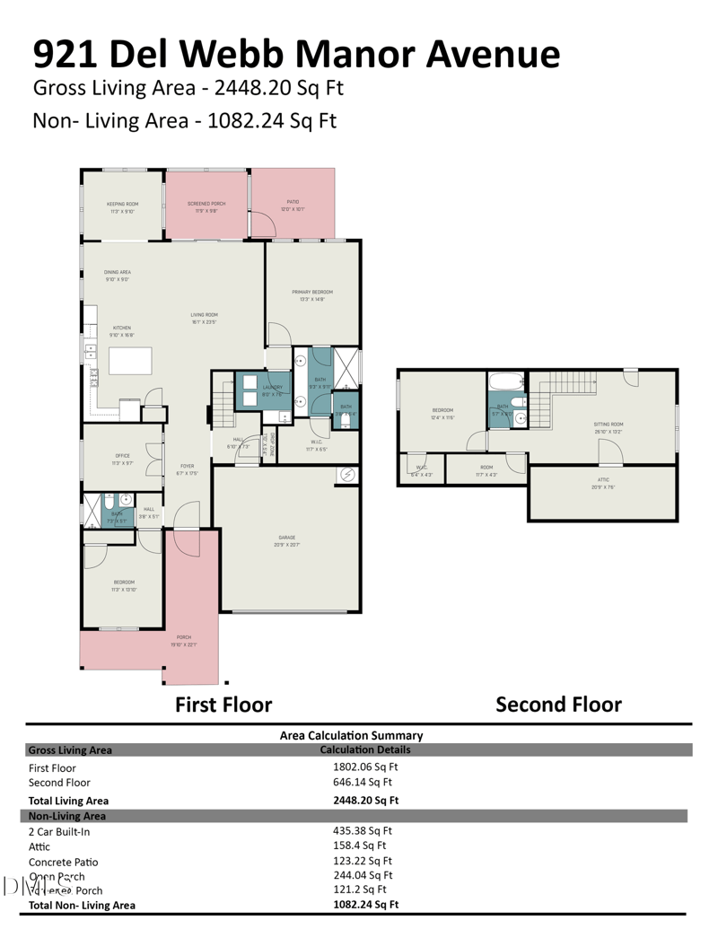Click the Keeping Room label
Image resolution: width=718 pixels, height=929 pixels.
(x=121, y=204)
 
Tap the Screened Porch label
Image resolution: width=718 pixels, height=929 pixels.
(x=206, y=204)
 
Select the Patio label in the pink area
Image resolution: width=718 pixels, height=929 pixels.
(x=293, y=203)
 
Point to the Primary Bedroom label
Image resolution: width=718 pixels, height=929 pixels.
(x=312, y=293)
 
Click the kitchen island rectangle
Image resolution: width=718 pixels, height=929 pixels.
(x=131, y=361)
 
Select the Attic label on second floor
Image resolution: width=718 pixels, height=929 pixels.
(x=603, y=480)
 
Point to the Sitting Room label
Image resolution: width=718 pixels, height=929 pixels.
(x=609, y=424)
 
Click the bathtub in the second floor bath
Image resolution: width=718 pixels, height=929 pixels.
(x=505, y=381)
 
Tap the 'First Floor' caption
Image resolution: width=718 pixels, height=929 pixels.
(x=223, y=705)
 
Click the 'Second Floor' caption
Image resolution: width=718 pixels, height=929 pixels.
(x=558, y=705)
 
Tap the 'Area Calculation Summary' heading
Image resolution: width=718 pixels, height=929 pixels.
(x=351, y=735)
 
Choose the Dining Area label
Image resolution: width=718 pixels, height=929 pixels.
(x=118, y=272)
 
